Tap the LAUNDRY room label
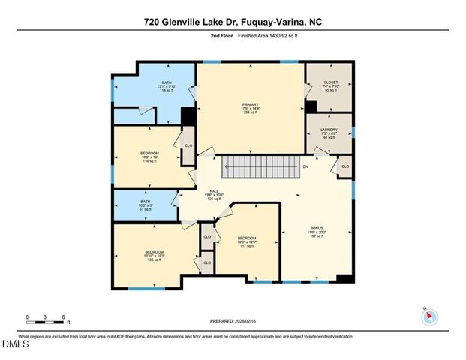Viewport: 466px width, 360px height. coord(329,133)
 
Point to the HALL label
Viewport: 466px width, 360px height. coord(214,194)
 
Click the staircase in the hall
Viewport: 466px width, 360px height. coord(262,166)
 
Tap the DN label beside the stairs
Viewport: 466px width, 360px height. coord(305,166)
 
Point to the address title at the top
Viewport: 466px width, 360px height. coord(233,23)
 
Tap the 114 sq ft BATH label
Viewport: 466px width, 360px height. coord(166,86)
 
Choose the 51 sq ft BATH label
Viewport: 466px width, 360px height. coord(146,205)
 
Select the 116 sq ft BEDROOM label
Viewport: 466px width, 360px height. coord(149,157)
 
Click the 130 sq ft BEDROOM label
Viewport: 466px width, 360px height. coord(154,255)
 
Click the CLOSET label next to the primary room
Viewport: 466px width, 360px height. coord(331,85)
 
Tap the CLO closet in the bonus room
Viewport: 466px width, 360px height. coord(345,166)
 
